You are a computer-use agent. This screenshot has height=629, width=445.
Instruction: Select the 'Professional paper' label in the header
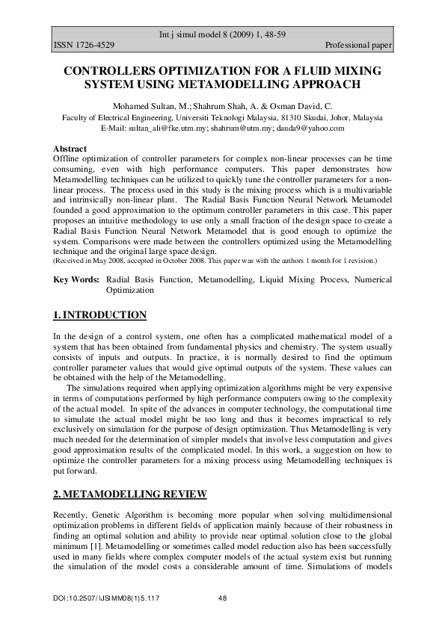coord(358,46)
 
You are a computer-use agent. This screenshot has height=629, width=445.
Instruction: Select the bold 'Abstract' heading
coord(70,149)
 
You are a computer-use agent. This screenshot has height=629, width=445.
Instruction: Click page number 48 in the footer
coord(222,599)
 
